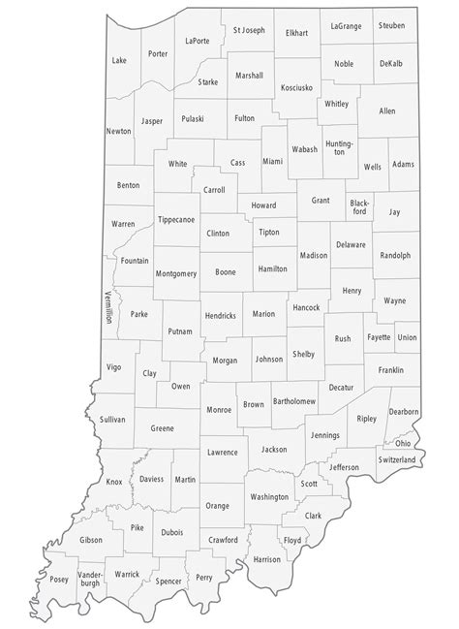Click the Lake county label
tap(119, 60)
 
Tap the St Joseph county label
tap(250, 30)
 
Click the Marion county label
tap(263, 314)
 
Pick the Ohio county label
tap(402, 443)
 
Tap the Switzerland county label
tap(397, 459)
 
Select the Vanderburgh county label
tap(89, 587)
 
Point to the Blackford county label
tap(359, 205)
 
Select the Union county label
tap(407, 337)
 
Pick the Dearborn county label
tap(405, 412)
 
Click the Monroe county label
tap(219, 410)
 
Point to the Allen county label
tap(387, 111)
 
